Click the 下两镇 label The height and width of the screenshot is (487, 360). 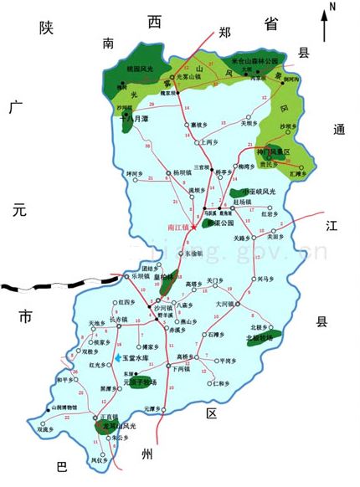182,368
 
